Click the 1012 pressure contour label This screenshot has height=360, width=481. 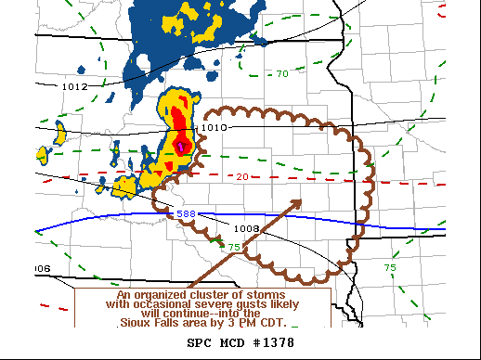(x=74, y=86)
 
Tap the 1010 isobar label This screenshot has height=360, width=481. (x=214, y=127)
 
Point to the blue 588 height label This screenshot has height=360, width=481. (x=185, y=214)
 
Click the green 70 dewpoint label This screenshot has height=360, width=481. (x=281, y=73)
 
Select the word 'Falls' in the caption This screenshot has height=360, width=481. (x=174, y=322)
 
